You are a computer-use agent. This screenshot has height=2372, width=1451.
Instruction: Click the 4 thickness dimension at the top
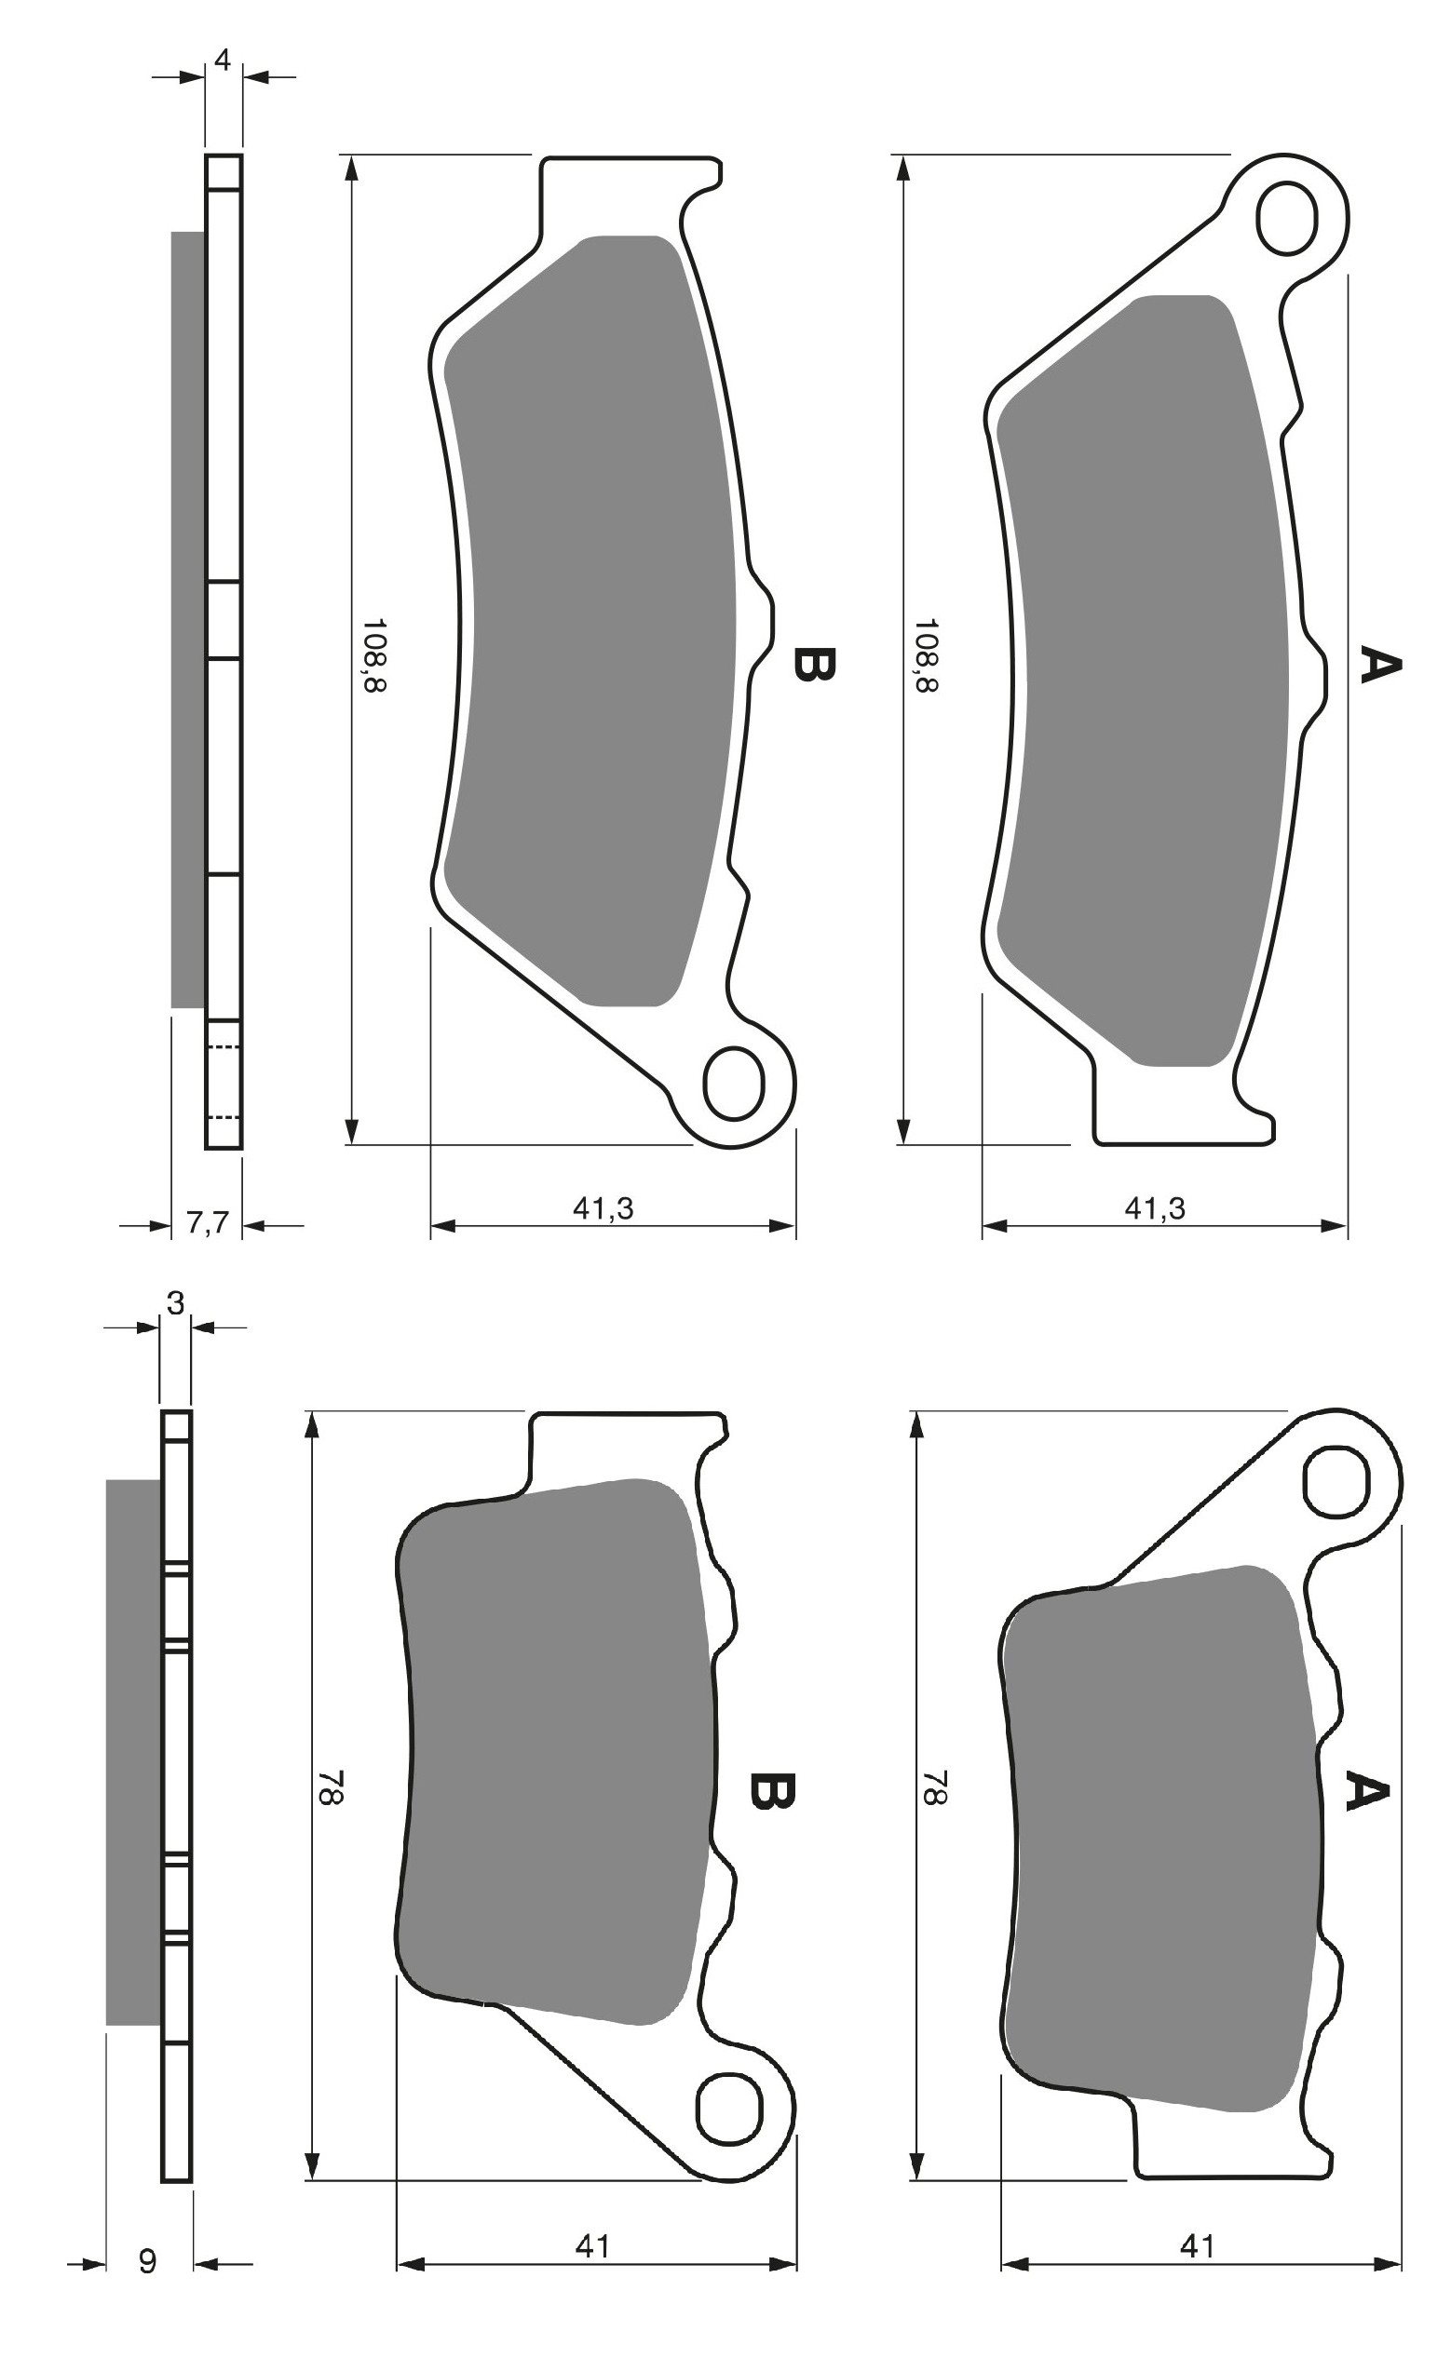tap(223, 60)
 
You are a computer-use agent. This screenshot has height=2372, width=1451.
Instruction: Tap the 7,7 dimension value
tap(207, 1222)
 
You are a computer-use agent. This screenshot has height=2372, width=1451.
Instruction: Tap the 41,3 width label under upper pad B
tap(603, 1208)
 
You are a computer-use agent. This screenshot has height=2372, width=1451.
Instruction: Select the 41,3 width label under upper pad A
tap(1156, 1208)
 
